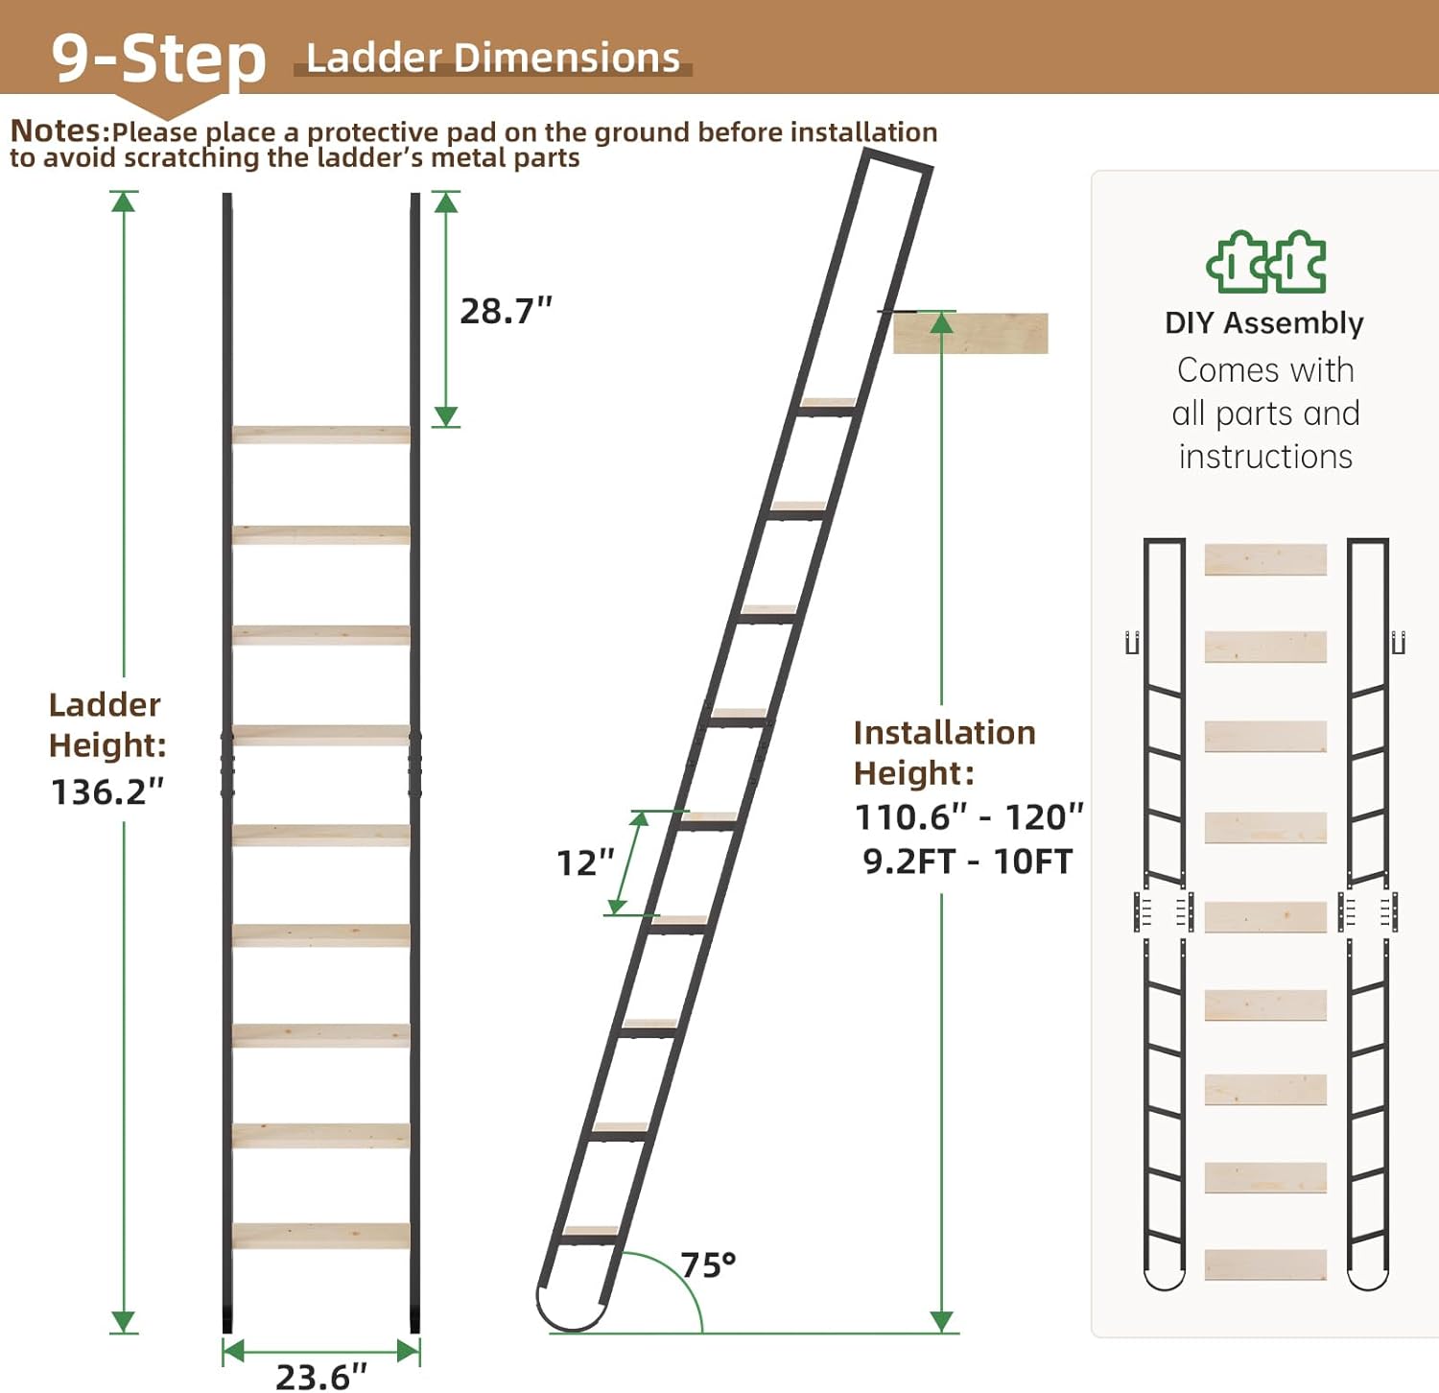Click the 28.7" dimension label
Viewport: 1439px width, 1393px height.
[506, 311]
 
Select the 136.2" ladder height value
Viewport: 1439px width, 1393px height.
[107, 791]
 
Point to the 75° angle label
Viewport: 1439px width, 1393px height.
[708, 1264]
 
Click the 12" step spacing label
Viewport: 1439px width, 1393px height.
[585, 862]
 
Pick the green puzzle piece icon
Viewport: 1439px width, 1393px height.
[1266, 262]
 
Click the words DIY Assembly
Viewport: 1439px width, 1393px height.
[1264, 323]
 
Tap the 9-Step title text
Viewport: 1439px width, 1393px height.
[158, 58]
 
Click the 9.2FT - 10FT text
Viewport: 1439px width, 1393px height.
[967, 862]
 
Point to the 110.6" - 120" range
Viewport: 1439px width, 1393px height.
[969, 817]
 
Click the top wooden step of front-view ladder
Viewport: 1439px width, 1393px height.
[321, 435]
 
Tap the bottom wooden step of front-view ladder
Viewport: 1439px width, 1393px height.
[321, 1235]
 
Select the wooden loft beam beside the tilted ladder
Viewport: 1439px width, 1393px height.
[971, 333]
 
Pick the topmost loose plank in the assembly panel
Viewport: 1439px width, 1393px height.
[1265, 559]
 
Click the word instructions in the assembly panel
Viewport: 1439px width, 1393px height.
[1265, 457]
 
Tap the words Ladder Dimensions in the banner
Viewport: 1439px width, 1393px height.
[493, 58]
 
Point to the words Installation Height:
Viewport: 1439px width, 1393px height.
[944, 752]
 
